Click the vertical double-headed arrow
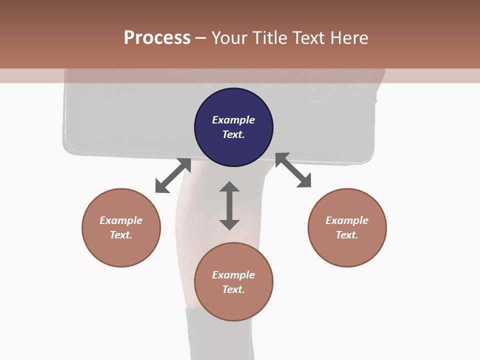[x=229, y=205]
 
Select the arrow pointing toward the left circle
[x=173, y=175]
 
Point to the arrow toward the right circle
[x=293, y=170]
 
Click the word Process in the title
[x=157, y=38]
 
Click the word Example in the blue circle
[x=233, y=120]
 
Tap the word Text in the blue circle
[x=233, y=134]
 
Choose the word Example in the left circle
[x=121, y=220]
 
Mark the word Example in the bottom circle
[x=233, y=275]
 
